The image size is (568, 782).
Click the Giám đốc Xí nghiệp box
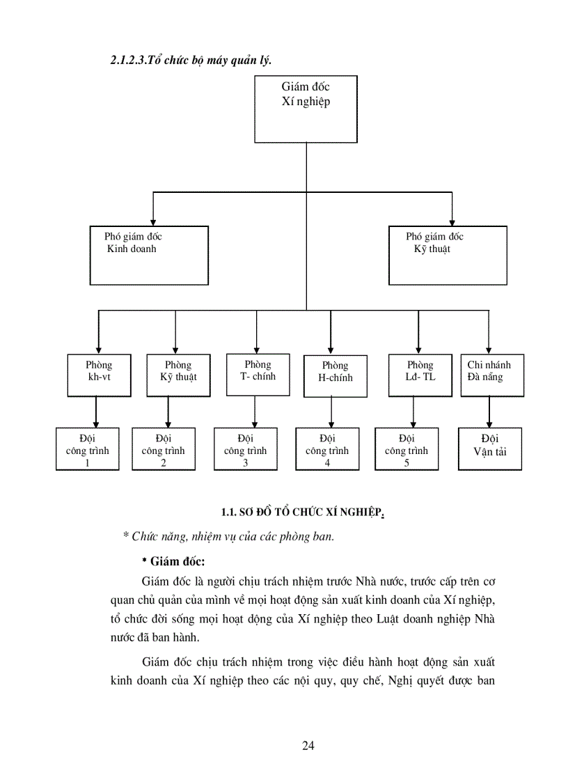point(306,109)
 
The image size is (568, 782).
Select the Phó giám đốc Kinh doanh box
point(149,255)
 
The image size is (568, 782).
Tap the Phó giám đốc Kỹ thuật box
point(448,255)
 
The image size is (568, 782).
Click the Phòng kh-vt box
point(99,375)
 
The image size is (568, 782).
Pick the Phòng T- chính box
point(258,375)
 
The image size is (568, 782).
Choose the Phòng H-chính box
point(335,376)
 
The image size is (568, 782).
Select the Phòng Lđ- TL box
point(420,375)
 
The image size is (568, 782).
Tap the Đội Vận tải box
point(490,448)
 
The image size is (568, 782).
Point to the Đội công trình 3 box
point(245,449)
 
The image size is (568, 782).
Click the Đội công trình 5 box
point(407,449)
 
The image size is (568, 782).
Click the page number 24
point(308,746)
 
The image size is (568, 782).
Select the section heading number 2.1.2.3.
point(129,60)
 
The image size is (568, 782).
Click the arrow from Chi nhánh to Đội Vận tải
point(489,412)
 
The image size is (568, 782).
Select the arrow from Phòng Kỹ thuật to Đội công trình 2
point(168,412)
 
